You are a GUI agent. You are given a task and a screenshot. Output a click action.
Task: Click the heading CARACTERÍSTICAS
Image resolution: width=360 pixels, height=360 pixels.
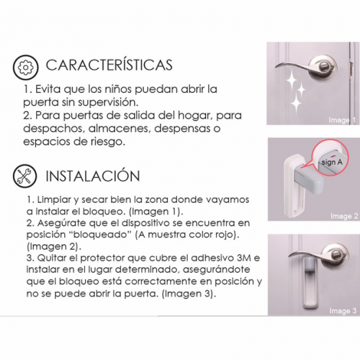click(109, 64)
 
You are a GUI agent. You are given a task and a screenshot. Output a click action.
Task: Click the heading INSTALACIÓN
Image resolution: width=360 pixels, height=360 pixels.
click(93, 175)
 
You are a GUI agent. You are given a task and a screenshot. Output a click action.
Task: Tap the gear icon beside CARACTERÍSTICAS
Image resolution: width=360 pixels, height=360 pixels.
click(26, 67)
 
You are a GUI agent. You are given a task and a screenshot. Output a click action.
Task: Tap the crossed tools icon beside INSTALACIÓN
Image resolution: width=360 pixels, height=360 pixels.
click(25, 176)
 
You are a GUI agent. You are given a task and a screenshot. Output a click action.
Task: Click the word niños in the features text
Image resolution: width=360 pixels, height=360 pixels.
click(118, 89)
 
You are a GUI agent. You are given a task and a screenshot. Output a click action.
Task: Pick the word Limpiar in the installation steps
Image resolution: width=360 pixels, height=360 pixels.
click(54, 200)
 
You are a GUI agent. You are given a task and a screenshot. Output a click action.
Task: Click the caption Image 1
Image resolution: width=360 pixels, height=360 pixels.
click(342, 120)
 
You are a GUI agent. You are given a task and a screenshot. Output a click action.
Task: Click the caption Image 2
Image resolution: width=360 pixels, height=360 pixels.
click(344, 216)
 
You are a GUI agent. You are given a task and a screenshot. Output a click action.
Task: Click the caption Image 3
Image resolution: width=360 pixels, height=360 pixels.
click(343, 311)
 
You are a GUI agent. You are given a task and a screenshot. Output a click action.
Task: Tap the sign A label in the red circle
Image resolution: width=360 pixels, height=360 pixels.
click(332, 162)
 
